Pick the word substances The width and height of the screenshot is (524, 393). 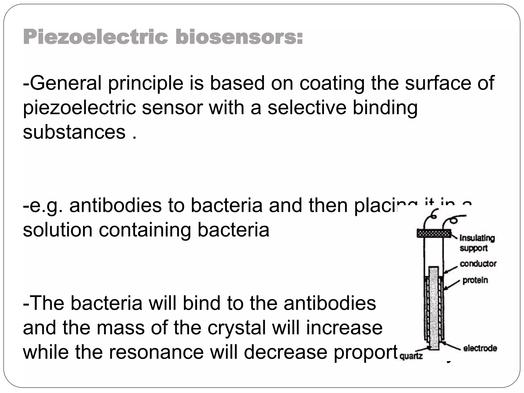(x=74, y=132)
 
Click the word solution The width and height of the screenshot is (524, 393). (x=58, y=230)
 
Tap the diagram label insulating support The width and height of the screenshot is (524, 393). (x=477, y=243)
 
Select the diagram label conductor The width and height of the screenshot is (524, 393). (x=478, y=264)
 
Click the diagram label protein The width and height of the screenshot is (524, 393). (x=475, y=280)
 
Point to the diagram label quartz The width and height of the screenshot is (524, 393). (x=411, y=356)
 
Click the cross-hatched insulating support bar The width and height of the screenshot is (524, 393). (x=434, y=233)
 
